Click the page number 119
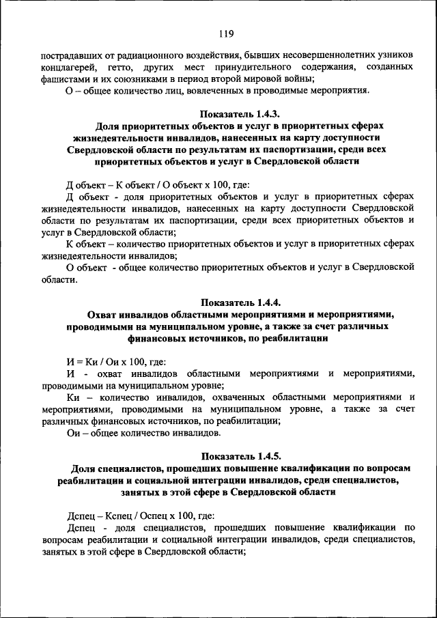227,34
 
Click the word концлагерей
70,67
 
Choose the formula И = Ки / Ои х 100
115,361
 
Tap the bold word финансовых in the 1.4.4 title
154,337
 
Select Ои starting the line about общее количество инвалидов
72,432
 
